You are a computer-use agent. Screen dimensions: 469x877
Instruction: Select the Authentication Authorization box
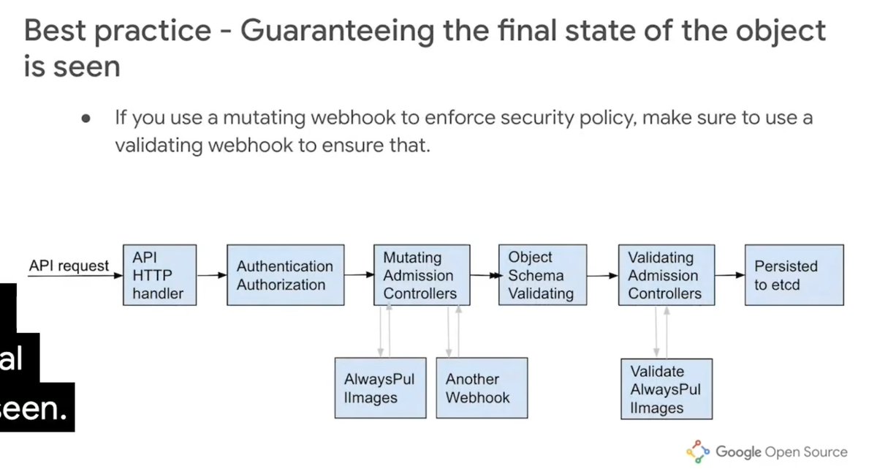point(284,275)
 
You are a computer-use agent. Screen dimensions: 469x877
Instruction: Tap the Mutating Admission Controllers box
point(420,275)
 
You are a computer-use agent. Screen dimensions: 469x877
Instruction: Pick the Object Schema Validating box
point(542,275)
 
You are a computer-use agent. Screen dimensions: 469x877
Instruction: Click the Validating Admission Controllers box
point(666,275)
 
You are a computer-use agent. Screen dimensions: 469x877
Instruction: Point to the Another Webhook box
point(482,388)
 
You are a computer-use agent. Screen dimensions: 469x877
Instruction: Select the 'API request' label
point(69,266)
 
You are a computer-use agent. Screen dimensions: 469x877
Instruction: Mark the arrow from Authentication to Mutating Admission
point(357,275)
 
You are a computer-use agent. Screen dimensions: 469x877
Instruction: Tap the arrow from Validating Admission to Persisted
point(729,275)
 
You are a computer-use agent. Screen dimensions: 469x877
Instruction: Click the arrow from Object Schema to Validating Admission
point(601,276)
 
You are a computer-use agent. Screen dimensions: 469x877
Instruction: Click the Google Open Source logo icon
point(698,451)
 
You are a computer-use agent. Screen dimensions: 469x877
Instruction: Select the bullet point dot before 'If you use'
point(86,119)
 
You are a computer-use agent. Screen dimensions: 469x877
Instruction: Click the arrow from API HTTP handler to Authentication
point(212,276)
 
